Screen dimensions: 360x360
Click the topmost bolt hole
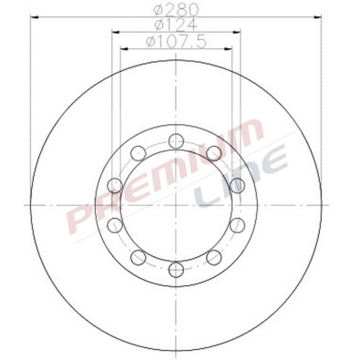tap(174, 140)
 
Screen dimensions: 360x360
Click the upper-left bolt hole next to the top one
tap(137, 152)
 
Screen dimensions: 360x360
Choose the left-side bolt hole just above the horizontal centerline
tap(114, 186)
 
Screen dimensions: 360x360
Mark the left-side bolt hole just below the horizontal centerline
tap(114, 224)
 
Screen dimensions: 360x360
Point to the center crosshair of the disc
tap(174, 205)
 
